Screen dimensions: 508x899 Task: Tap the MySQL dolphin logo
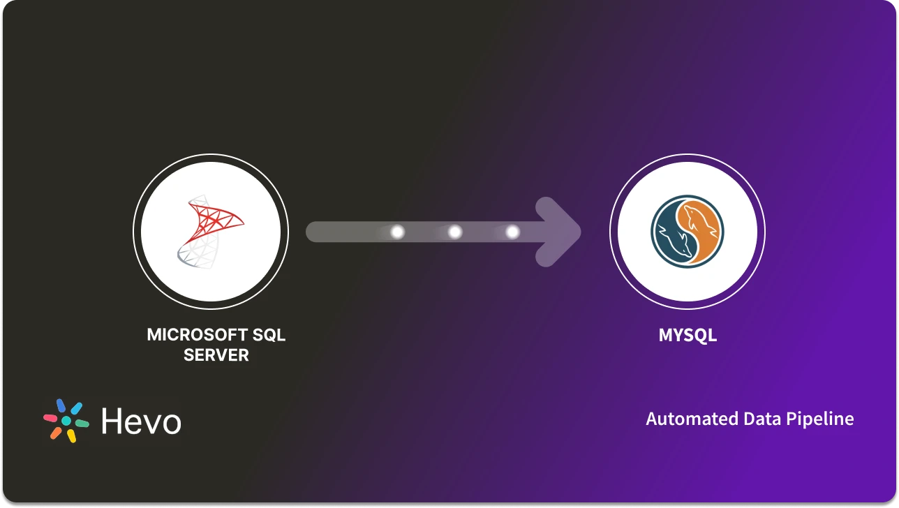688,232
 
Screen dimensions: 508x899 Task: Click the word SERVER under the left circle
216,355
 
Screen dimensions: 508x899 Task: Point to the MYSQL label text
688,336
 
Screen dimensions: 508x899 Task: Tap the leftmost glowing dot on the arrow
397,232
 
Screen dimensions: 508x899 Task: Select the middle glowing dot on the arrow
455,232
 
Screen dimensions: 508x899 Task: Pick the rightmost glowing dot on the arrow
512,232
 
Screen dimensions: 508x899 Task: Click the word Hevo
141,421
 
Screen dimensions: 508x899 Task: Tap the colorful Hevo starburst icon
66,421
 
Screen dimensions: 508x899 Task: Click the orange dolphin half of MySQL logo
702,227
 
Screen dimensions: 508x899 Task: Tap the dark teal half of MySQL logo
671,237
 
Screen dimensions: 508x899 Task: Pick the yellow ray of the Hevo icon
71,436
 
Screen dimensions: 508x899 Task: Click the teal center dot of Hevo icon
66,421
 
